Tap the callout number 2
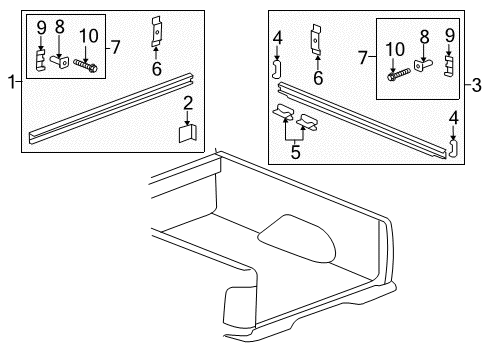[188, 102]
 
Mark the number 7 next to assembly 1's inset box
[115, 46]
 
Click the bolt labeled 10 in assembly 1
[86, 67]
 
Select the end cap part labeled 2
[187, 132]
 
